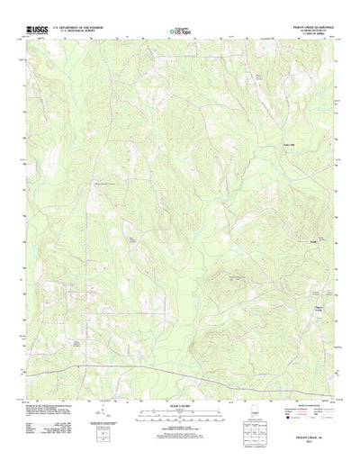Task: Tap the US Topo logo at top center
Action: click(180, 32)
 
